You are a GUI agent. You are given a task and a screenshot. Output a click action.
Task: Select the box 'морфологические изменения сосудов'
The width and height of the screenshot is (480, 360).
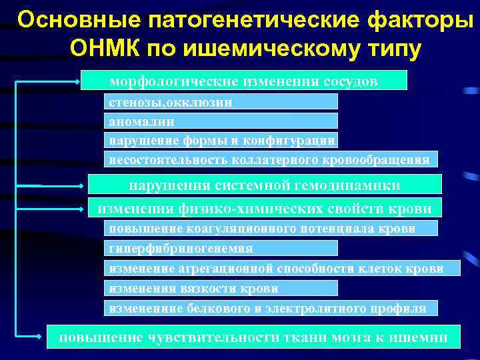point(243,81)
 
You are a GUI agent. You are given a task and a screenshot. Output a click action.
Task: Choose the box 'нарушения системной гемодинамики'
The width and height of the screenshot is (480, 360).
point(265,184)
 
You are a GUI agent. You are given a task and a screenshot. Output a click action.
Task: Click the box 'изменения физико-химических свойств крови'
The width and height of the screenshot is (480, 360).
point(265,208)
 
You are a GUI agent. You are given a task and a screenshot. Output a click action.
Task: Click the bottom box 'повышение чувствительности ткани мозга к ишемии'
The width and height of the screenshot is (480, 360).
point(253,337)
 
